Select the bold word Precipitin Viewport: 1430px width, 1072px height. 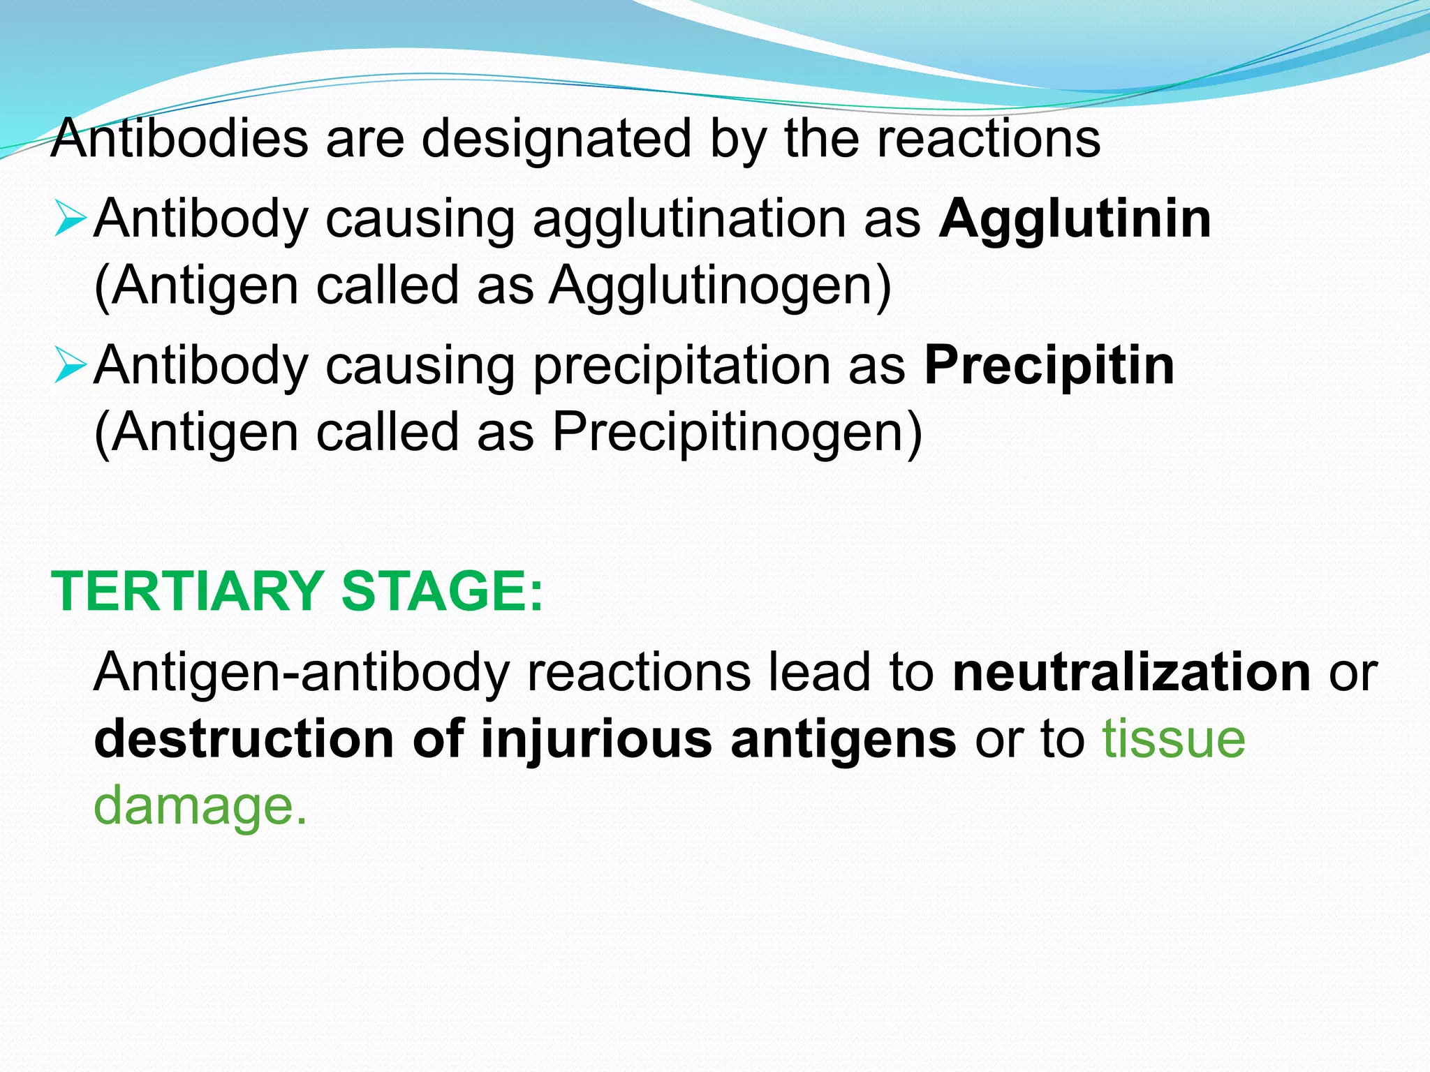[1049, 366]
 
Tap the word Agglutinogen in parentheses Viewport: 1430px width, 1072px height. [719, 286]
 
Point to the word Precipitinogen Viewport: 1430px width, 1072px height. [737, 433]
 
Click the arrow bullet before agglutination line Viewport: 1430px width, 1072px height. [69, 218]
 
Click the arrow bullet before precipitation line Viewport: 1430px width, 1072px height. [69, 365]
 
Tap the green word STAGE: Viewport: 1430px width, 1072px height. [441, 592]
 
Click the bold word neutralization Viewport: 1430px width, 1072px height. [1131, 673]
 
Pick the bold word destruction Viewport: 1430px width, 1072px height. [244, 739]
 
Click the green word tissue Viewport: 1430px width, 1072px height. [1174, 739]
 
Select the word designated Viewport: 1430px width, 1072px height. [556, 138]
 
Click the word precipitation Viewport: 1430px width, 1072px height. [681, 366]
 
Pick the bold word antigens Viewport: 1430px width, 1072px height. [843, 739]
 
